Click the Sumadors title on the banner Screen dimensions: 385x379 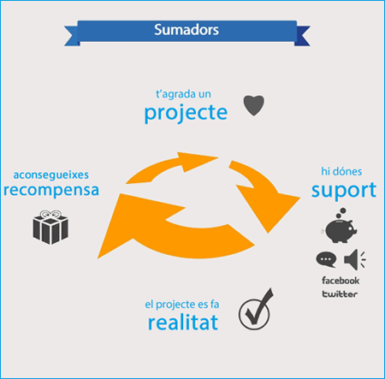pyautogui.click(x=187, y=30)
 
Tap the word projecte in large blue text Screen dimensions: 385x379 pyautogui.click(x=186, y=114)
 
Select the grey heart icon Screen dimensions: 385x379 pyautogui.click(x=254, y=105)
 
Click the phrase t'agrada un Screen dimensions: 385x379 pyautogui.click(x=183, y=94)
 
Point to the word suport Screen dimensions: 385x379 pyautogui.click(x=344, y=191)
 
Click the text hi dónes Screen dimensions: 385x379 pyautogui.click(x=341, y=171)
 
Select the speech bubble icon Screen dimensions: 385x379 pyautogui.click(x=326, y=259)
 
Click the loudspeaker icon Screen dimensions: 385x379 pyautogui.click(x=354, y=259)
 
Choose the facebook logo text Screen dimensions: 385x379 pyautogui.click(x=341, y=281)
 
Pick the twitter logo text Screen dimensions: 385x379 pyautogui.click(x=340, y=294)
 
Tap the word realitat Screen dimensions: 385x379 pyautogui.click(x=183, y=323)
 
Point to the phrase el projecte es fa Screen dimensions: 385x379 pyautogui.click(x=182, y=305)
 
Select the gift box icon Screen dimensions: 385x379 pyautogui.click(x=50, y=228)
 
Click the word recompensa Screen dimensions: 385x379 pyautogui.click(x=51, y=190)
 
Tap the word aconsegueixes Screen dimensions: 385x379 pyautogui.click(x=51, y=175)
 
